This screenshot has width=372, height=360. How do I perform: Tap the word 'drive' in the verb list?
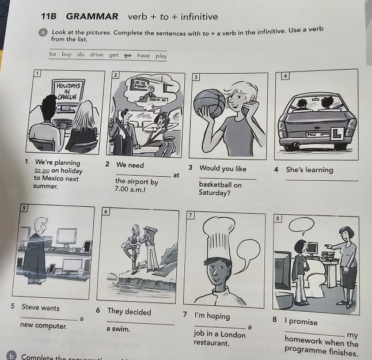point(96,55)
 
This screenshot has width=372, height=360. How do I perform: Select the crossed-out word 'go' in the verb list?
point(128,55)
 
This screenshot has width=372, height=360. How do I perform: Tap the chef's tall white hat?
point(221,237)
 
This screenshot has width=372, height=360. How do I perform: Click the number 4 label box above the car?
point(285,76)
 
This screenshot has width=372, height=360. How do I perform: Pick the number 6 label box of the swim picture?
point(106,211)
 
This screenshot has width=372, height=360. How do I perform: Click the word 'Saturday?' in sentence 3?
point(215,193)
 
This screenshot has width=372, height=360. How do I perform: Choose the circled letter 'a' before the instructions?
point(43,32)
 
